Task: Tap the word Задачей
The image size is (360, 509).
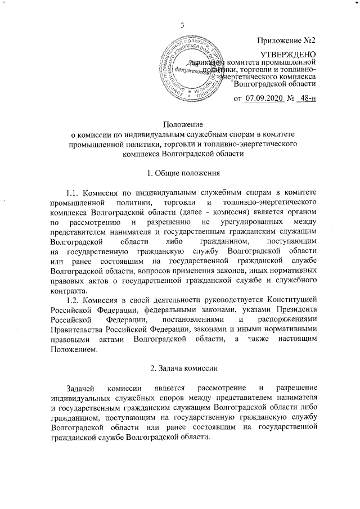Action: coord(80,389)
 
